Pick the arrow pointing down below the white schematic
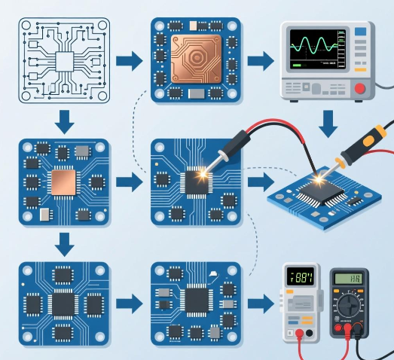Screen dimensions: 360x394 point(65,121)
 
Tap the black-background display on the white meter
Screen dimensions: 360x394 point(301,277)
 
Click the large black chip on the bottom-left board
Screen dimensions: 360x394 point(63,305)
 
